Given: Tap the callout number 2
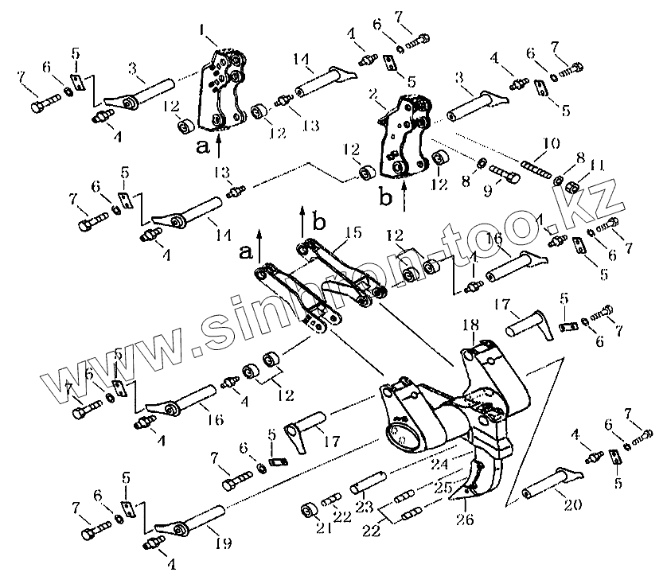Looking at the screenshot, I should coord(372,94).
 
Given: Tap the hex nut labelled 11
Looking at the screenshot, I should coord(570,185).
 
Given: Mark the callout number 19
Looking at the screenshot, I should coord(224,544).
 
